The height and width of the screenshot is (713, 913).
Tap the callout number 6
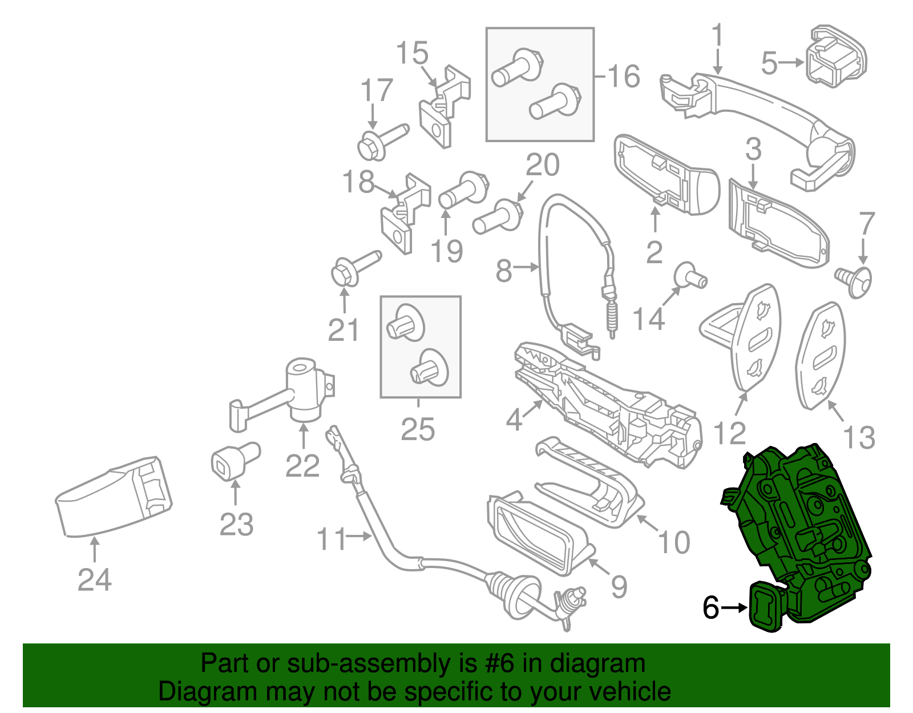tap(710, 608)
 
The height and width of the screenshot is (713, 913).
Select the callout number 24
tap(95, 580)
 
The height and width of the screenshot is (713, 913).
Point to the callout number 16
tap(624, 76)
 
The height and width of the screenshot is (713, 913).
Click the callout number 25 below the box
tap(418, 429)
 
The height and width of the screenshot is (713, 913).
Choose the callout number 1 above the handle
tap(717, 35)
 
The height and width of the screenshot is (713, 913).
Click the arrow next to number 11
tap(360, 537)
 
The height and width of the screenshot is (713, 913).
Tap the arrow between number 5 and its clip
tap(792, 62)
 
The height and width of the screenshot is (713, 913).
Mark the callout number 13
tap(859, 438)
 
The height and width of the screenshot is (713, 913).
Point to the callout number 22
tap(302, 466)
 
